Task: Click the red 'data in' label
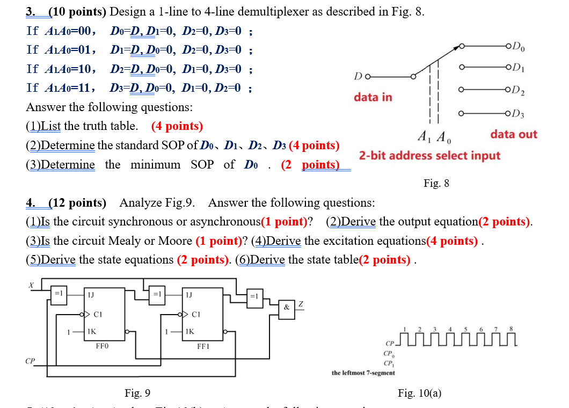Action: (373, 97)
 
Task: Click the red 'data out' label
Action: (513, 134)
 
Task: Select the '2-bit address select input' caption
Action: (429, 156)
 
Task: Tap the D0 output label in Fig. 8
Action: (519, 45)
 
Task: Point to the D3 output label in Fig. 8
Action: (519, 113)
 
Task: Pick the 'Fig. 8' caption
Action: (436, 184)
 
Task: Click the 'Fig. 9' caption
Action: (137, 394)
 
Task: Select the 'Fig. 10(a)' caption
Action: (419, 394)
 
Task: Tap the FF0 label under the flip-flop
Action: (102, 346)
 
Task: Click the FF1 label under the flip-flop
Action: (203, 346)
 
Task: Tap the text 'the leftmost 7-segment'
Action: (363, 373)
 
